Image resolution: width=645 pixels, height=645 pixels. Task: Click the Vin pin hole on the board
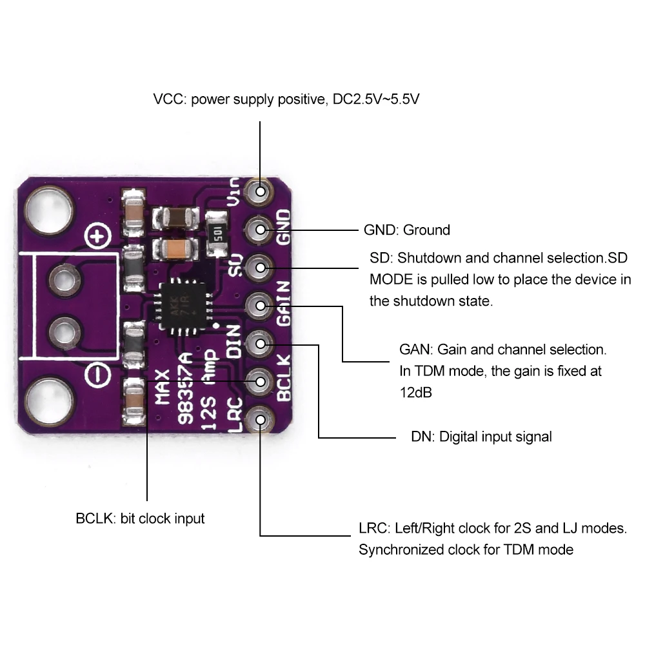pyautogui.click(x=261, y=191)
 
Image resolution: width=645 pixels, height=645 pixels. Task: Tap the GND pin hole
pyautogui.click(x=261, y=228)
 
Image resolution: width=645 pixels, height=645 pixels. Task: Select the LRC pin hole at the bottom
pyautogui.click(x=261, y=420)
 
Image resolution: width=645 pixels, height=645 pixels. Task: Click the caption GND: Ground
pyautogui.click(x=407, y=230)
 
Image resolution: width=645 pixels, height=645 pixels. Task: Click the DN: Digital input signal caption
pyautogui.click(x=481, y=437)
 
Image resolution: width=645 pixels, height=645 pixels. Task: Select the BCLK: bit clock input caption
pyautogui.click(x=140, y=518)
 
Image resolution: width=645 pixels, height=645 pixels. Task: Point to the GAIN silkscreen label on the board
pyautogui.click(x=284, y=303)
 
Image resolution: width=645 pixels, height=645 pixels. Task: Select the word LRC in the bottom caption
pyautogui.click(x=373, y=529)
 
